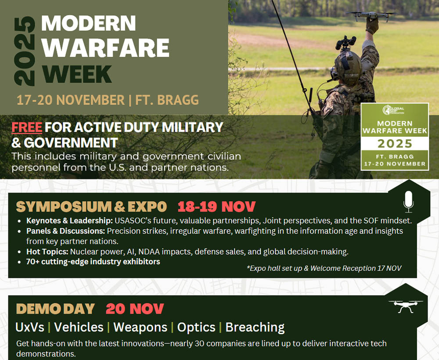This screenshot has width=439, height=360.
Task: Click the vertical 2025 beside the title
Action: pyautogui.click(x=25, y=51)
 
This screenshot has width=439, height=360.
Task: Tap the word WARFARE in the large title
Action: pyautogui.click(x=105, y=48)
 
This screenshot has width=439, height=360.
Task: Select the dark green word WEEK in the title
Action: pyautogui.click(x=77, y=74)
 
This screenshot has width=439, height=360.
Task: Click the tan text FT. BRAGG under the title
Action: pyautogui.click(x=167, y=100)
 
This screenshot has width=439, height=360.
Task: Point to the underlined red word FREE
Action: pyautogui.click(x=27, y=127)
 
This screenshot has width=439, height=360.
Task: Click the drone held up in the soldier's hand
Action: pyautogui.click(x=370, y=16)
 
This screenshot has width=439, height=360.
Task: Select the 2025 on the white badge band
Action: pyautogui.click(x=395, y=144)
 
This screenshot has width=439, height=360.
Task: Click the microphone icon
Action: pyautogui.click(x=408, y=202)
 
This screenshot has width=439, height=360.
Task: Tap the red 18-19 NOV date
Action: pyautogui.click(x=216, y=207)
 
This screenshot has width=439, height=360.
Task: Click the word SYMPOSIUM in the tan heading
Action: pyautogui.click(x=64, y=207)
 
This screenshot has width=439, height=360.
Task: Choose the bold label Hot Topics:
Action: pyautogui.click(x=47, y=252)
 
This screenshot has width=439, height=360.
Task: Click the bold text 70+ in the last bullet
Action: pyautogui.click(x=33, y=262)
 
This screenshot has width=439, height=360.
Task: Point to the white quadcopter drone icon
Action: pyautogui.click(x=406, y=306)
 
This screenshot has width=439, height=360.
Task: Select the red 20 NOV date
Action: pyautogui.click(x=135, y=309)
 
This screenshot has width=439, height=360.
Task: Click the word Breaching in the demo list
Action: pyautogui.click(x=255, y=327)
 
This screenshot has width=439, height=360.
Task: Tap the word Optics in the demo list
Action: pyautogui.click(x=196, y=327)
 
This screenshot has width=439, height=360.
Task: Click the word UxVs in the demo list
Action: pyautogui.click(x=30, y=327)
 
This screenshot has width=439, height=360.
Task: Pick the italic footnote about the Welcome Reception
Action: pyautogui.click(x=324, y=268)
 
